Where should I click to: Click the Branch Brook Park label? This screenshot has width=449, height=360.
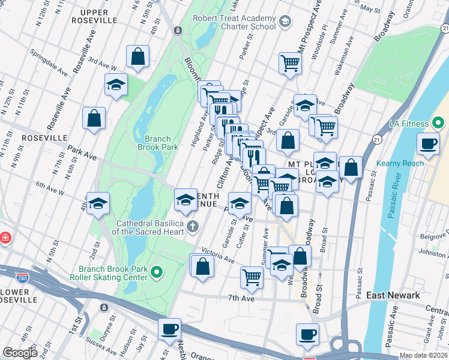coord(158,142)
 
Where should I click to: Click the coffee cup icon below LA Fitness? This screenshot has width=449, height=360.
coord(429,144)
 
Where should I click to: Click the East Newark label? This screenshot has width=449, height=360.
coord(392,295)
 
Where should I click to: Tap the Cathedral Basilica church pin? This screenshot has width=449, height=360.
coord(192,226)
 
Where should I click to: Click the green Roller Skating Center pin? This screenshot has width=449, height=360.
coord(157,272)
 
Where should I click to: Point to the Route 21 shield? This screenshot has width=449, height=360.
coord(376,139)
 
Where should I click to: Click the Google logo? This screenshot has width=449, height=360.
coord(20,353)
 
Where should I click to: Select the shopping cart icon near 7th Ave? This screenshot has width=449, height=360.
coord(252,277)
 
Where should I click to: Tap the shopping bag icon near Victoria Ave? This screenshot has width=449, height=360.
coord(202,265)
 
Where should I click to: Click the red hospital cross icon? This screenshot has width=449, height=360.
coord(5,238)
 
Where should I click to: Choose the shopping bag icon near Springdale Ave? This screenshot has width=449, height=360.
coord(138,57)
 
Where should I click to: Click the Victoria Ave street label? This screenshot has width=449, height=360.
coord(217,256)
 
